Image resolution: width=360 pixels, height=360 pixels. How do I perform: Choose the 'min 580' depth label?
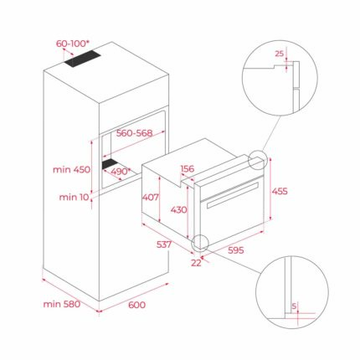click(61, 306)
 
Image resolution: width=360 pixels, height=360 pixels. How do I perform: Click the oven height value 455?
click(280, 191)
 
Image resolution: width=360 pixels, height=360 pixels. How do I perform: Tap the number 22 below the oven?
click(195, 265)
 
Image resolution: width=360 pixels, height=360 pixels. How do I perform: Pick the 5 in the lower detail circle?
click(293, 306)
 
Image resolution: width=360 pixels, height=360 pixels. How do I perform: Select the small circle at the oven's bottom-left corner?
click(200, 243)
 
